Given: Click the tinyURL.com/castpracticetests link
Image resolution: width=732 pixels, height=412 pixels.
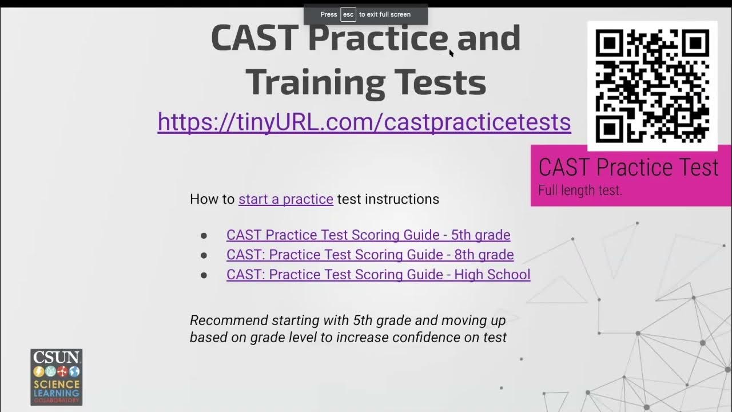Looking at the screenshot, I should [x=364, y=122].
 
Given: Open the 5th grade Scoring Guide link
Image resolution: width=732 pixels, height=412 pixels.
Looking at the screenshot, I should [x=368, y=235].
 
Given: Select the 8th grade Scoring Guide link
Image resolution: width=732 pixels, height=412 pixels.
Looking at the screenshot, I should [x=369, y=255].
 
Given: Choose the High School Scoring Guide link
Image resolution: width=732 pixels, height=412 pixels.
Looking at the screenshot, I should [x=378, y=275].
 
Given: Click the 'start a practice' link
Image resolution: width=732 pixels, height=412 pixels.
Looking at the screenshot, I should [x=285, y=199].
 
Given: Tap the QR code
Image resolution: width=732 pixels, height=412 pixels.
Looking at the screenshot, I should [x=652, y=86].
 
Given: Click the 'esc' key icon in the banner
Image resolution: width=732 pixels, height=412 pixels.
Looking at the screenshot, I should [x=348, y=14].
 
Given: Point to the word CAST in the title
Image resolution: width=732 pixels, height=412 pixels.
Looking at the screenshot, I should [x=254, y=38].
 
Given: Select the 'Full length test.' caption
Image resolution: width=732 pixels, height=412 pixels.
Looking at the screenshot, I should [x=580, y=191].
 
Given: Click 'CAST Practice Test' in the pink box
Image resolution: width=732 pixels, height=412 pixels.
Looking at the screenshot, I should [x=628, y=168].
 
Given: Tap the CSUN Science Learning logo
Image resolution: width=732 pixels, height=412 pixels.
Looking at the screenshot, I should [x=56, y=377].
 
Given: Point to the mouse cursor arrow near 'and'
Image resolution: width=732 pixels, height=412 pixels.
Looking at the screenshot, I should [x=451, y=53].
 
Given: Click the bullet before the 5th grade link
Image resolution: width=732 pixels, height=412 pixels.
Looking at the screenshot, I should [x=204, y=236].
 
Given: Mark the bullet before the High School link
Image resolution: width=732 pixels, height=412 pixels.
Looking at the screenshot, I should [x=204, y=275].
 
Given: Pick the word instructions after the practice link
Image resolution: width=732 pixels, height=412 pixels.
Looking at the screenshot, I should [x=402, y=199].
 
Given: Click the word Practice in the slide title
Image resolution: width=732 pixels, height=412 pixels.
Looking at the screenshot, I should [x=378, y=38].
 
